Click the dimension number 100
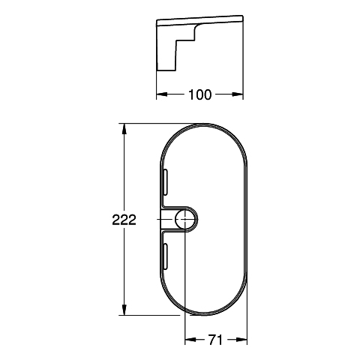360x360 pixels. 199,94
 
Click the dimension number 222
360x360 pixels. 124,220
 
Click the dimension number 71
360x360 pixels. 215,340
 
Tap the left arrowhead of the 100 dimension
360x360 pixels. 162,94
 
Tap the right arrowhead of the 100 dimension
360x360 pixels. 238,94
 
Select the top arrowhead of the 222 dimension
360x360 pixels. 124,129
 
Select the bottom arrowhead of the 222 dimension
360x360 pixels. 124,310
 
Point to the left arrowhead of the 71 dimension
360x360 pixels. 190,340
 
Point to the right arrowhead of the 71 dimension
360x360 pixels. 241,340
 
